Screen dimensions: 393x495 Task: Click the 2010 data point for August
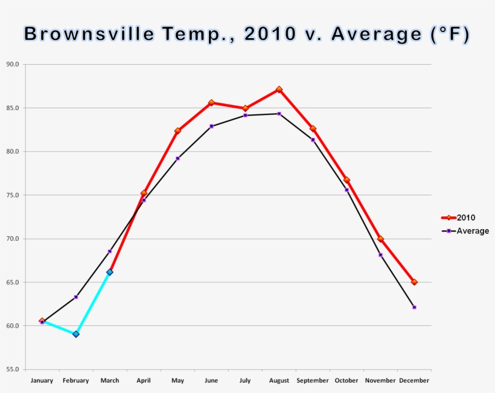click(279, 89)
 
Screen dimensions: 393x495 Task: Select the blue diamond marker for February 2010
click(76, 334)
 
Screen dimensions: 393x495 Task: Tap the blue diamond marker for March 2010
click(110, 272)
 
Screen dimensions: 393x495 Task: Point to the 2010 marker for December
click(414, 282)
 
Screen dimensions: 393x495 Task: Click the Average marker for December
click(414, 307)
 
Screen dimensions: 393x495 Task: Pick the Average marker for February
click(76, 297)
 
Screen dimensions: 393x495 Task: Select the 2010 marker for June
click(211, 103)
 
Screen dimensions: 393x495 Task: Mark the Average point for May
click(177, 158)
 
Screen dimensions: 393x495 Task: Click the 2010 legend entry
click(465, 218)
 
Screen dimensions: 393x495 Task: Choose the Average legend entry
click(472, 231)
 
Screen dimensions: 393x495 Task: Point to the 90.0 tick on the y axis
click(12, 64)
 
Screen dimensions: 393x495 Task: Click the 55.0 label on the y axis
click(12, 369)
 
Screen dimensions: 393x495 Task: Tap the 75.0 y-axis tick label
click(12, 195)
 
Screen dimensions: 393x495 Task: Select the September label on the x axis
click(313, 381)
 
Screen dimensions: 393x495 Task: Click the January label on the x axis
click(42, 381)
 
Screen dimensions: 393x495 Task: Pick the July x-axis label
click(245, 381)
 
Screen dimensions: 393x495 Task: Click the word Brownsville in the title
click(88, 34)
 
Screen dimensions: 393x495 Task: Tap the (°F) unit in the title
click(450, 34)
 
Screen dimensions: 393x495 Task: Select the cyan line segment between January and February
click(59, 327)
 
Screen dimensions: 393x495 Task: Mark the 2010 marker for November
click(380, 239)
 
